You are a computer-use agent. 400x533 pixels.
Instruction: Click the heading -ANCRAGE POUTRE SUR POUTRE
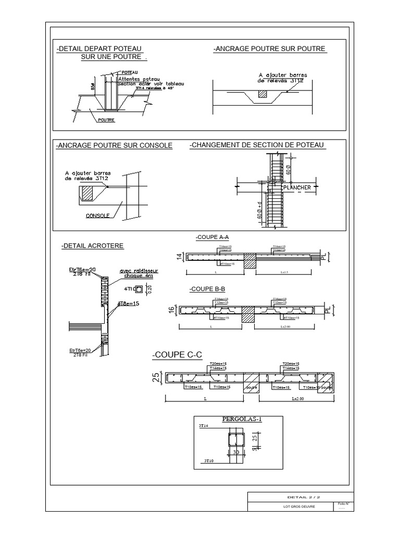tap(269, 49)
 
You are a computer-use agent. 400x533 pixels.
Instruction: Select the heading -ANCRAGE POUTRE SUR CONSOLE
tap(114, 145)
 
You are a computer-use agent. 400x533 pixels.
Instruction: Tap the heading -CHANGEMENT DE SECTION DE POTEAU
tap(257, 144)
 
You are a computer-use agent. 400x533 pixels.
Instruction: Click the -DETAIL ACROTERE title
tap(92, 245)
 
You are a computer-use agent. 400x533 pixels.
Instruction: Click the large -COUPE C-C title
tap(177, 355)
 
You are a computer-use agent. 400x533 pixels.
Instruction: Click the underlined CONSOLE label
tap(97, 215)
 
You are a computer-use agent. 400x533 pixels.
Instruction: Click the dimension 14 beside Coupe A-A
tap(179, 256)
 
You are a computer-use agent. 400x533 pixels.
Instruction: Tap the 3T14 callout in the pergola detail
tap(203, 426)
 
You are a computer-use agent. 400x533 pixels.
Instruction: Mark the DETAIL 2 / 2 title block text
tap(300, 498)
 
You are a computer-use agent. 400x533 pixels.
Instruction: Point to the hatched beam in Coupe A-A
tap(251, 261)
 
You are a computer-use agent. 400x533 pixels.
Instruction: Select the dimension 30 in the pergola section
tap(236, 453)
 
